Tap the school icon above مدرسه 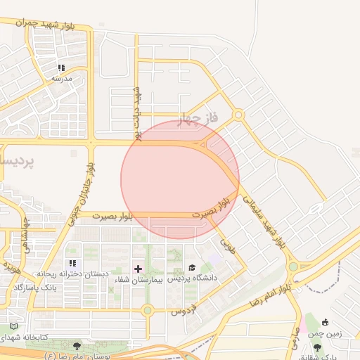point(62,68)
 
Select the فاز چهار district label point(199,118)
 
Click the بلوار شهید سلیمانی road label point(264,219)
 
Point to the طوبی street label point(226,245)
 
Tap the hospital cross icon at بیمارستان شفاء point(138,268)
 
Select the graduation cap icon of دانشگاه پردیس point(191,267)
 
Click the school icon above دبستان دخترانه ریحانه point(72,263)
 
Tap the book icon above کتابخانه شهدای point(14,326)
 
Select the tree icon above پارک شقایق point(317,347)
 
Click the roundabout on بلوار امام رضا point(292,267)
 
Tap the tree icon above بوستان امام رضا point(77,346)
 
